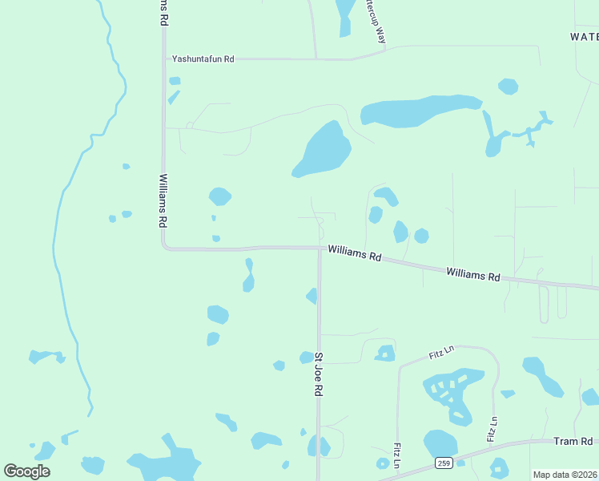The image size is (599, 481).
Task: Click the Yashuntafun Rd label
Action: (203, 59)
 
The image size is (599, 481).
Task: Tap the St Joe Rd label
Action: (318, 374)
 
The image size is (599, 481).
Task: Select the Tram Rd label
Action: (573, 442)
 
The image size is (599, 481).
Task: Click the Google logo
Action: (26, 471)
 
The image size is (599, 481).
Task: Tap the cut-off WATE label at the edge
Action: (584, 37)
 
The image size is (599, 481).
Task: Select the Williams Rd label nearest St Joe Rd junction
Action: (352, 254)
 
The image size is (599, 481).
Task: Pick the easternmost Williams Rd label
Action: (472, 275)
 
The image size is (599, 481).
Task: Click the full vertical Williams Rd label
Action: (163, 200)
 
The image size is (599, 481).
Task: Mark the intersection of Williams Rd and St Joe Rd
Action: (320, 249)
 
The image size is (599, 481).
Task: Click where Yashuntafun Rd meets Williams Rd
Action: (164, 59)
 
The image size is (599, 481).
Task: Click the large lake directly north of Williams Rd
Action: (324, 150)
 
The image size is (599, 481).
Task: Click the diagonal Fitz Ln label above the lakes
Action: (441, 353)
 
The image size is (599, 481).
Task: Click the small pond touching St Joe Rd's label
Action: (307, 358)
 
